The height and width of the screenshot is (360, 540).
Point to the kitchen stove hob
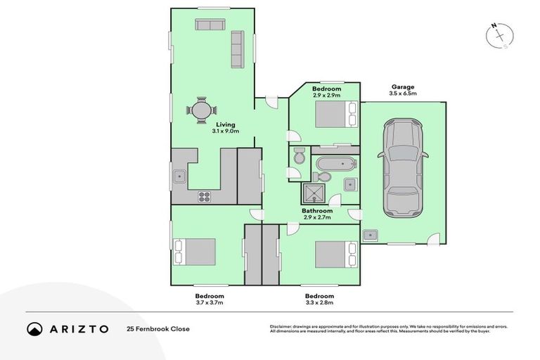tap(205, 196)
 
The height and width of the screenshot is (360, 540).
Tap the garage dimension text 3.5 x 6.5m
tap(404, 93)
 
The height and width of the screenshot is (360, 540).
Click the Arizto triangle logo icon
tap(34, 328)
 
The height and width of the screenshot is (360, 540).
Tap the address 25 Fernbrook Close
tap(158, 328)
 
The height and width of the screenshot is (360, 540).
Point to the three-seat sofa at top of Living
tap(209, 25)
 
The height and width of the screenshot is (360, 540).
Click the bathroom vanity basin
tap(349, 184)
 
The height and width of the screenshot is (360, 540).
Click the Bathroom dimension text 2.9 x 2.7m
tap(317, 217)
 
